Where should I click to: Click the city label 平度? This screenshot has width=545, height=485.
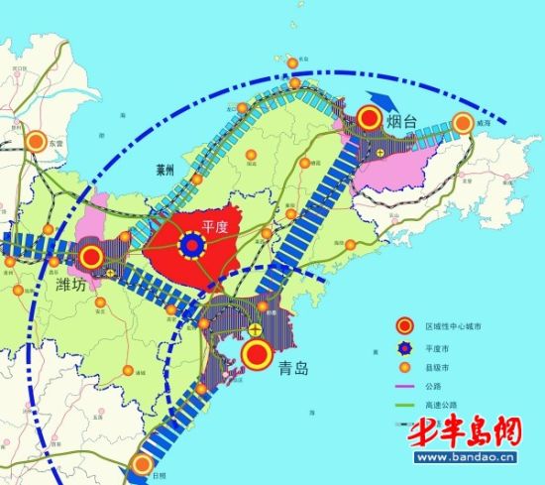point(217,226)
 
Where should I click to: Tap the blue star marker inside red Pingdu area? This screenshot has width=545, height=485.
point(191,243)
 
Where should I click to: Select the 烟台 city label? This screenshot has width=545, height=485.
point(404,123)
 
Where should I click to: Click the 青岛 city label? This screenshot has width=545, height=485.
point(293,368)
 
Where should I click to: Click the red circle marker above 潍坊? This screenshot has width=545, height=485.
point(92,258)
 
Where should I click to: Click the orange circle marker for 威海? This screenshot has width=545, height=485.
point(463,123)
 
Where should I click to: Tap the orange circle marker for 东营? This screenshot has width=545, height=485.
point(38,142)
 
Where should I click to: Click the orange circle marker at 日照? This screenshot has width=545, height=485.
point(143,464)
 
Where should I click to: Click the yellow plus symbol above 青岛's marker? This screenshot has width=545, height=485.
point(256,328)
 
